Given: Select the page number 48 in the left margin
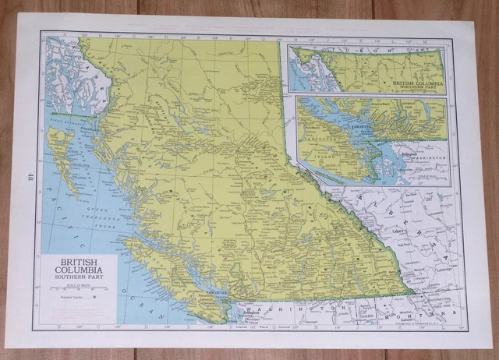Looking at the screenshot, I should coord(28,178).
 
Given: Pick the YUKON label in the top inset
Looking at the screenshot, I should coord(357,51).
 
